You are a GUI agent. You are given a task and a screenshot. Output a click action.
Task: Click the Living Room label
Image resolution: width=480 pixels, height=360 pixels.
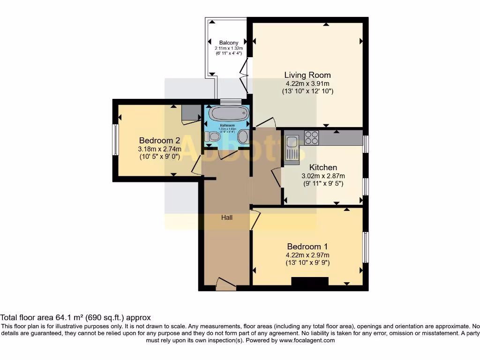click(307, 75)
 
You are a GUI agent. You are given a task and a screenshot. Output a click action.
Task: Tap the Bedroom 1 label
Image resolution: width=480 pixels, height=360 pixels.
click(307, 247)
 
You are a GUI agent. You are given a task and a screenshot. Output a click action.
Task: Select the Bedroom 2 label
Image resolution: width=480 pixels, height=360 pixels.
click(160, 140)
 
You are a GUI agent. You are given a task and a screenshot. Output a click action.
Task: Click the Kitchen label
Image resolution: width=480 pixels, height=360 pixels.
click(323, 167)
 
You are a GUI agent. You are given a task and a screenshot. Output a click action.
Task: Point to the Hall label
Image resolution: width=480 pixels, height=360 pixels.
click(227, 217)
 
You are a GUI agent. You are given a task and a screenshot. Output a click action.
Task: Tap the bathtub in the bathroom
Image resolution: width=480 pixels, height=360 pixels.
click(229, 113)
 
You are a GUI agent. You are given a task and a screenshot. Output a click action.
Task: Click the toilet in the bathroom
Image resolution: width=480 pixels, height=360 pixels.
click(212, 136)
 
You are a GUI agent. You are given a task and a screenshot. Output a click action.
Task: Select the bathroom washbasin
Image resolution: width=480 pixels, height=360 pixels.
click(243, 136)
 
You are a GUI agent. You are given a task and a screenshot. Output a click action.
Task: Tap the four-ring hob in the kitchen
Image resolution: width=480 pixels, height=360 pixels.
click(312, 137)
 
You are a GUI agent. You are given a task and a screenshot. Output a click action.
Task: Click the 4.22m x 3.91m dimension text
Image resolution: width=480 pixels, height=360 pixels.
click(307, 83)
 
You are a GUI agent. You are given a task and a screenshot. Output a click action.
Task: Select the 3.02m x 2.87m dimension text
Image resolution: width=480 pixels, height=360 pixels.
click(323, 176)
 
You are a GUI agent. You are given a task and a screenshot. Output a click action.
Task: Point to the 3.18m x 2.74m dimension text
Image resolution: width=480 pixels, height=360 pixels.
click(160, 149)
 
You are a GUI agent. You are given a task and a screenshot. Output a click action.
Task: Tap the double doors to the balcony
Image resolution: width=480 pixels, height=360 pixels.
click(244, 77)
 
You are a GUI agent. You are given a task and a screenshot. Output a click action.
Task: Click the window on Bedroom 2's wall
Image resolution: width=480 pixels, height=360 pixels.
click(115, 139)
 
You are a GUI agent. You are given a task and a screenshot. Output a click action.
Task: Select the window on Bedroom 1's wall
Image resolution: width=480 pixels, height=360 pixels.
click(366, 247)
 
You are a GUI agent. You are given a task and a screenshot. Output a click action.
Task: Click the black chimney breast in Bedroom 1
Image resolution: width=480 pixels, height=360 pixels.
click(309, 281)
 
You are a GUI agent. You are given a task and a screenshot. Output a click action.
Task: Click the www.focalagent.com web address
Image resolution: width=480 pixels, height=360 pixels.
click(307, 340)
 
